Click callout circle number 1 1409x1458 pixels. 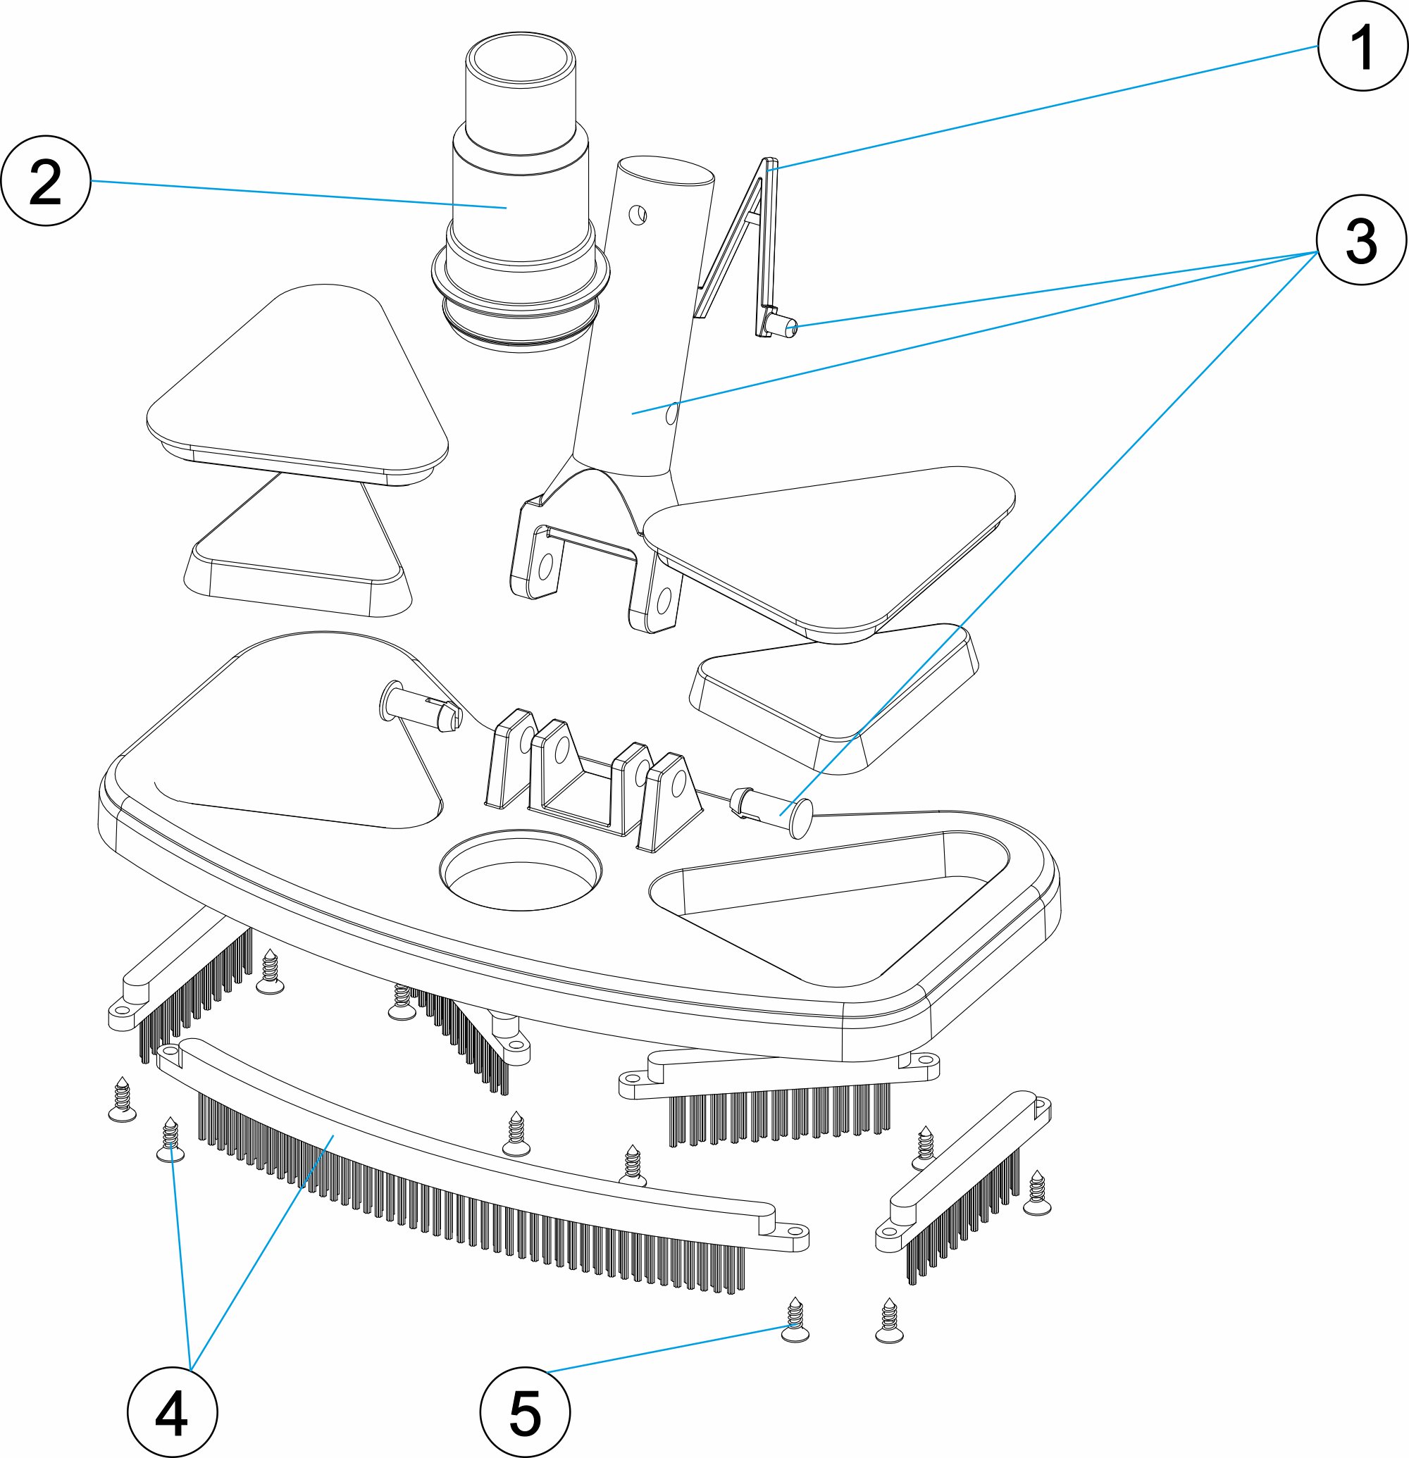(x=1362, y=46)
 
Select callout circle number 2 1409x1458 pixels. (x=45, y=181)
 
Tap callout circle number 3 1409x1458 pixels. (x=1360, y=240)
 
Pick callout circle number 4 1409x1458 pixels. (x=172, y=1413)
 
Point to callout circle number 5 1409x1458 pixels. (x=524, y=1413)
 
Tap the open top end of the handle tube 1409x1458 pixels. (x=666, y=171)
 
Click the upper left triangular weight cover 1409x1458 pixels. (x=297, y=380)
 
